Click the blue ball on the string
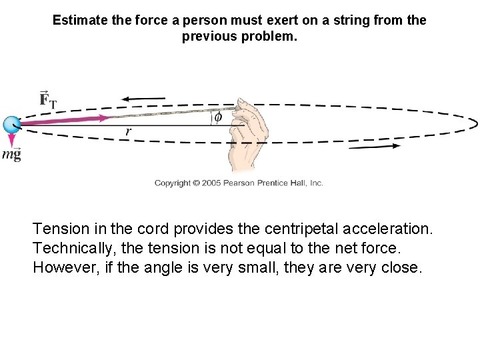[11, 124]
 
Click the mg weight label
[11, 155]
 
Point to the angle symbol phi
[217, 117]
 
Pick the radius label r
[128, 132]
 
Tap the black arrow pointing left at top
[143, 99]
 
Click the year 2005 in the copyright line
[205, 183]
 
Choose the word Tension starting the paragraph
[59, 229]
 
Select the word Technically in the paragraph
[74, 249]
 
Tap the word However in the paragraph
[65, 268]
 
